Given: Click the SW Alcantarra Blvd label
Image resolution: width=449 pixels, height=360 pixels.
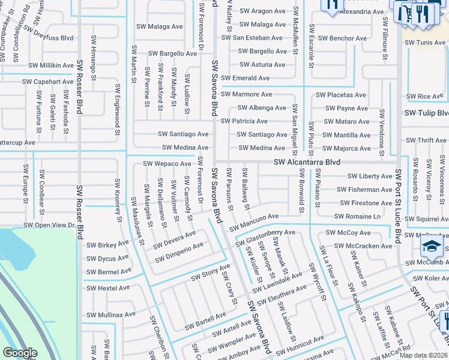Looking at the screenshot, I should (307, 163).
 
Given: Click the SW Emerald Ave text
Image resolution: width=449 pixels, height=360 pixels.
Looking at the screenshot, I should (245, 78).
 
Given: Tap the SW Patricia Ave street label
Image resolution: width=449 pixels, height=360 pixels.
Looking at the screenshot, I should (244, 121).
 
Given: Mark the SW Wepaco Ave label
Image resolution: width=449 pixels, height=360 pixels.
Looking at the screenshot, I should (167, 164).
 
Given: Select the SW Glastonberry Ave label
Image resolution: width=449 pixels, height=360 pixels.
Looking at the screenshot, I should (266, 236).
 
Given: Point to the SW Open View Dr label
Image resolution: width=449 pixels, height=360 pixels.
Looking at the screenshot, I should (49, 225).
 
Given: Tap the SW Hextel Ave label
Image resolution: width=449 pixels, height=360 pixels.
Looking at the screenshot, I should (108, 288).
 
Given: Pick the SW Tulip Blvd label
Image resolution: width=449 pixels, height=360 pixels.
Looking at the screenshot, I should (426, 113).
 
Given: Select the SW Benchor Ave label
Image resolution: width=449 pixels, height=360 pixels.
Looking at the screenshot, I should (342, 38).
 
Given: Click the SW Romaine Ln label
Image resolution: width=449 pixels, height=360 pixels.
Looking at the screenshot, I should (357, 216).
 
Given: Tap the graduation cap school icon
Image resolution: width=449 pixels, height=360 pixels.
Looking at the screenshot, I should (432, 247).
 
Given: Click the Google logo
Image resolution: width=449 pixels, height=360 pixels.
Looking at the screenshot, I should (20, 353).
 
